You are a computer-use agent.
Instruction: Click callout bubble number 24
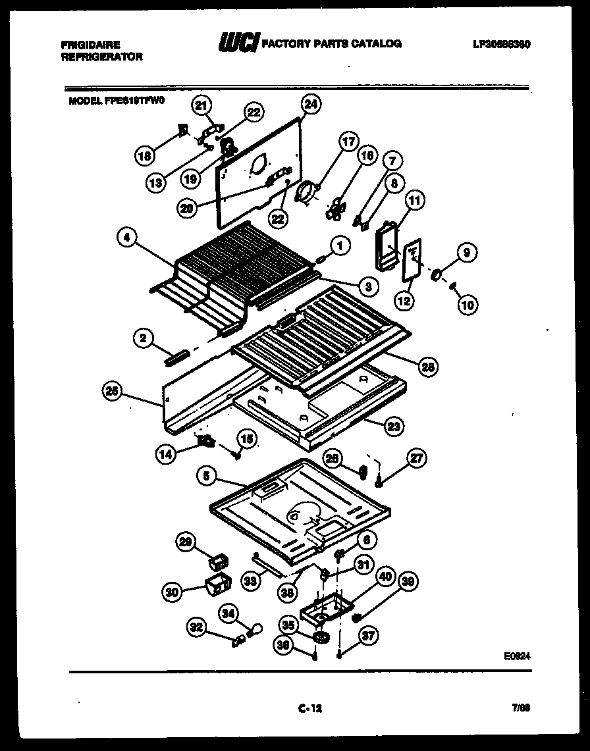310,103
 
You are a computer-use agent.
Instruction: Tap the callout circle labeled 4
126,238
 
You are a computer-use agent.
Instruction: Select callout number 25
113,392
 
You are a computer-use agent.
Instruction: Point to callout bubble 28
428,367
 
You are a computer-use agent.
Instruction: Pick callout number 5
207,479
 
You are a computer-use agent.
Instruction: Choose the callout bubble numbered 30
173,592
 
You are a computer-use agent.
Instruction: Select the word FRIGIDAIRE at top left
90,45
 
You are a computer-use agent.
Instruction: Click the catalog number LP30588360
501,45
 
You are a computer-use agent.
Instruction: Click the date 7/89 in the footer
521,708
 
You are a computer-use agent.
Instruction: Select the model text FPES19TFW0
134,101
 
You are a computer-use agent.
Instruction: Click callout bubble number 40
385,578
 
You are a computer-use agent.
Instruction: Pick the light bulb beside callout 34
251,630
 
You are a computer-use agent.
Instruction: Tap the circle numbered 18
144,155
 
